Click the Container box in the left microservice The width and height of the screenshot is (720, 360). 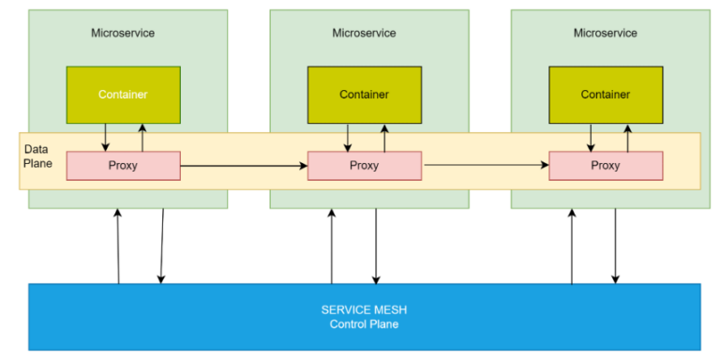point(123,95)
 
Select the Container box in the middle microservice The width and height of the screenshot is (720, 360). point(364,95)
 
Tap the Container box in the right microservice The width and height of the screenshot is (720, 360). point(605,95)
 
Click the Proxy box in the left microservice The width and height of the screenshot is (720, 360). point(123,166)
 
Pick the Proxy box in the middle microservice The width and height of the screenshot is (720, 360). point(364,166)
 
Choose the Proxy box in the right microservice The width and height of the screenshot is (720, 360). point(605,166)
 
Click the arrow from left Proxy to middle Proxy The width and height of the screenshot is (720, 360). point(244,166)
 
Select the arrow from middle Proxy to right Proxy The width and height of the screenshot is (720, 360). point(486,166)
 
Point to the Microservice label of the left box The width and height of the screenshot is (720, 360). point(123,33)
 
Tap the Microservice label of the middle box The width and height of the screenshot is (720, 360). point(364,33)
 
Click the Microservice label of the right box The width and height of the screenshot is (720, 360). point(605,33)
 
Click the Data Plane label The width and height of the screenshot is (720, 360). point(37,157)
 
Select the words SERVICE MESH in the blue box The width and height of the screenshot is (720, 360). point(364,309)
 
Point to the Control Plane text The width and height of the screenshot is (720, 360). point(364,324)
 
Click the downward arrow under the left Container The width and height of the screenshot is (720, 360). point(105,137)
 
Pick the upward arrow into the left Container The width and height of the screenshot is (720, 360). point(142,137)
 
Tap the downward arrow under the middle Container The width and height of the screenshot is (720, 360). point(348,137)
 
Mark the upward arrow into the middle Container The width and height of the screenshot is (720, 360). point(382,137)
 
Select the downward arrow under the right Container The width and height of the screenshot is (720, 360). point(590,137)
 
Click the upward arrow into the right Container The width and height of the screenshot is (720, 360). point(627,137)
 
